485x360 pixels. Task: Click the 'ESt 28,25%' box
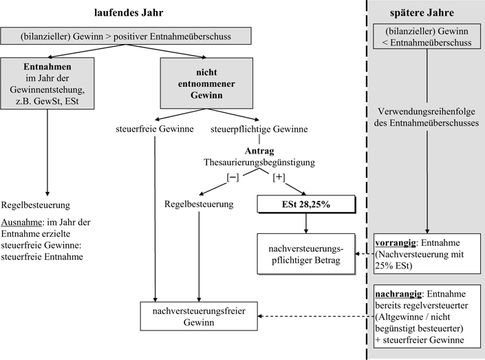(306, 204)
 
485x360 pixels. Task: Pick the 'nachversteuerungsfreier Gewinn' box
(199, 317)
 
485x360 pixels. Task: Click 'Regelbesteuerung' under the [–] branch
(198, 205)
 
